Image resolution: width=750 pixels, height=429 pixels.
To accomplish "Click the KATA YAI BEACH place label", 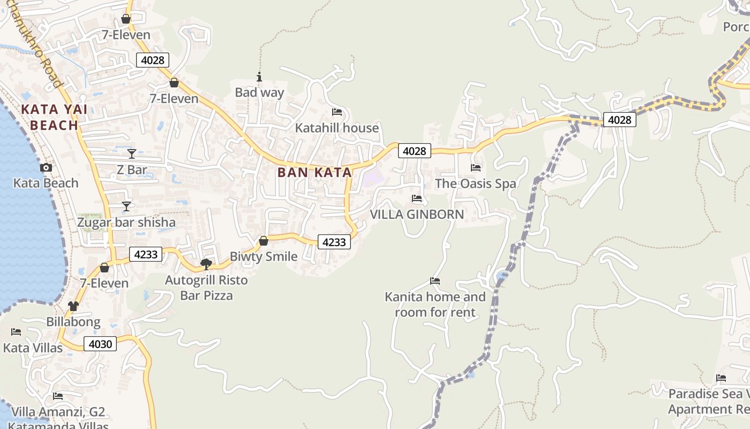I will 54,117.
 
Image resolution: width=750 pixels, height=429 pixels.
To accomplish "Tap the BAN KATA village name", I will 314,172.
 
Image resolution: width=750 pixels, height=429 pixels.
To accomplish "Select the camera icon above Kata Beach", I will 46,168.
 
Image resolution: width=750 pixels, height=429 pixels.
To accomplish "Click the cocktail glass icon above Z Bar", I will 132,154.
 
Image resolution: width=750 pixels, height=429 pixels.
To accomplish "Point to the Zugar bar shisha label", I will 126,222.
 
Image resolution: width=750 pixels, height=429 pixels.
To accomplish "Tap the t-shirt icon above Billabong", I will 73,306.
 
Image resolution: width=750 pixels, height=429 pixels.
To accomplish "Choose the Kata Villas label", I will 33,347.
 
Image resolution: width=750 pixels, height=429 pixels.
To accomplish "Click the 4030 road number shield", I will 100,344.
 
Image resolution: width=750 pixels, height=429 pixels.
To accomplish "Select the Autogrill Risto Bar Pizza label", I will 206,287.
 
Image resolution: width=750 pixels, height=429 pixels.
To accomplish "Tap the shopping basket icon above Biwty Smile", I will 263,241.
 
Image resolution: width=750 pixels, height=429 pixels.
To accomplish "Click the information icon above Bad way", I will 259,77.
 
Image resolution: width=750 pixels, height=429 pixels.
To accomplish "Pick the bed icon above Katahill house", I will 337,112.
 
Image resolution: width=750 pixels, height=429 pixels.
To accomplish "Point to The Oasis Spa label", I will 475,183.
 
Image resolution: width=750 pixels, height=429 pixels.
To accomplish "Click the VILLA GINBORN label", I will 417,214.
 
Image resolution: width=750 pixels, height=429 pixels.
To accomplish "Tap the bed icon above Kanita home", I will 435,281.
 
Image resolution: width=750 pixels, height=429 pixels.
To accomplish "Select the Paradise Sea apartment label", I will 708,402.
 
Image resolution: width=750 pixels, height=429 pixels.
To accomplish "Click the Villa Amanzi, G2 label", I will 58,412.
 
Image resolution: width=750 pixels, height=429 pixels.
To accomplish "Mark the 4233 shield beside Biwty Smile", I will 334,242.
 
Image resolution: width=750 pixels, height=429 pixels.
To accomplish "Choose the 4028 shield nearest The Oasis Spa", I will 415,151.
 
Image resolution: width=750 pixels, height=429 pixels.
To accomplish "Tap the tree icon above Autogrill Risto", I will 206,264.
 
